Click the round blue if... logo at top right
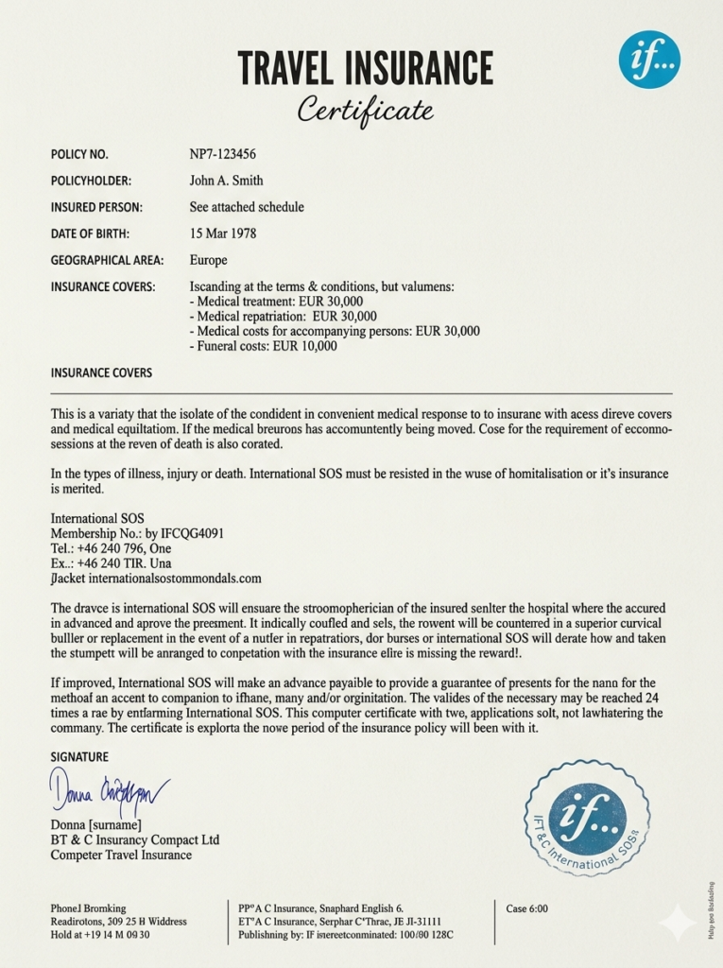[649, 60]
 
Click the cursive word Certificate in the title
[365, 110]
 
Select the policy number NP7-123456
[223, 154]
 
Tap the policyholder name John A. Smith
[227, 181]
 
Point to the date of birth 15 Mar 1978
[223, 233]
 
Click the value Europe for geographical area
[208, 260]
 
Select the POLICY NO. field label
[79, 154]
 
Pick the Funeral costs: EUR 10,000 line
[264, 346]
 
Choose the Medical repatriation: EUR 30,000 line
[284, 316]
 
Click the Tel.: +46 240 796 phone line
[111, 548]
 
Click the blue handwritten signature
[109, 792]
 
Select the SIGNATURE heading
[79, 757]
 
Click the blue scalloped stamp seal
[587, 819]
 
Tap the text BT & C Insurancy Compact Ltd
[135, 839]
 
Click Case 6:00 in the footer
[526, 908]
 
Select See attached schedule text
[247, 207]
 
